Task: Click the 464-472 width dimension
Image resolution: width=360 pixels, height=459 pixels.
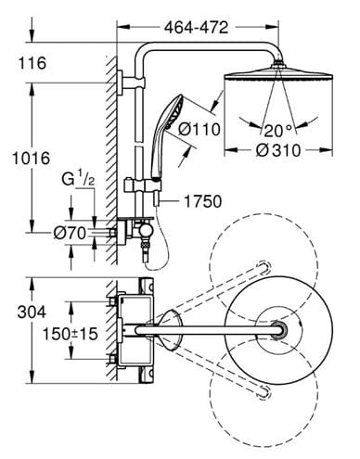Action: click(x=196, y=28)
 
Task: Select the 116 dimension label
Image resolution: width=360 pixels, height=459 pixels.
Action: click(x=32, y=63)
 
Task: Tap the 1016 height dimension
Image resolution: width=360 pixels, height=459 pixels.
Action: click(x=31, y=159)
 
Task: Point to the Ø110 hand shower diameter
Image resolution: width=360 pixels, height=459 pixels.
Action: click(x=199, y=129)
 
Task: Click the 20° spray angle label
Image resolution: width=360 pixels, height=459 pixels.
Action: click(x=278, y=131)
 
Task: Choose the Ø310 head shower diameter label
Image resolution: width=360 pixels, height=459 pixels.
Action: click(x=278, y=150)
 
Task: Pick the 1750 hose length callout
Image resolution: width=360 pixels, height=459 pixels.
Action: click(x=203, y=201)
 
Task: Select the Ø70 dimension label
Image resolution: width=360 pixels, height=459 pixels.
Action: click(x=70, y=233)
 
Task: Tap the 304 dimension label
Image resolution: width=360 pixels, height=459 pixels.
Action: click(x=32, y=312)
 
